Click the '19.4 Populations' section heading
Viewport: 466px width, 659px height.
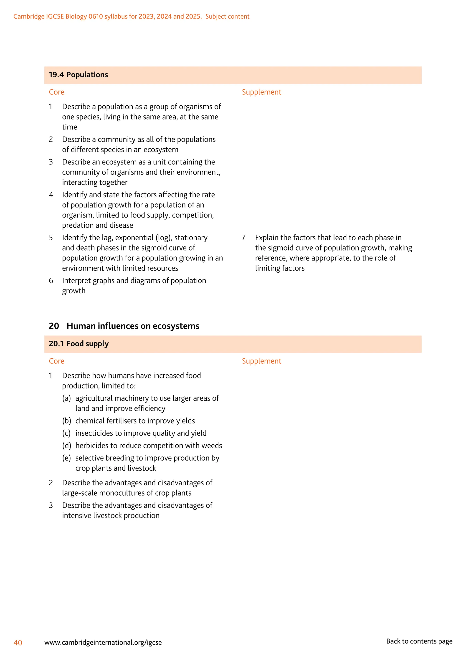[x=78, y=75]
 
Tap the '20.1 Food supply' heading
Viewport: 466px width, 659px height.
[x=79, y=344]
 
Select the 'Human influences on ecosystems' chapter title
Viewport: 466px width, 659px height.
[x=133, y=326]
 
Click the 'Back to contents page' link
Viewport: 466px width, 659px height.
[x=419, y=641]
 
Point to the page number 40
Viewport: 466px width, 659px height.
[x=18, y=643]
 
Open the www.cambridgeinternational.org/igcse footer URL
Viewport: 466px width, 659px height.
[x=103, y=642]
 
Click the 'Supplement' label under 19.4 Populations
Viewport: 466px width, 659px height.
[x=261, y=92]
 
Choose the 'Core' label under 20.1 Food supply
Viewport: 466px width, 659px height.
[x=56, y=361]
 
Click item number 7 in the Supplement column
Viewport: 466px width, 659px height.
[x=244, y=238]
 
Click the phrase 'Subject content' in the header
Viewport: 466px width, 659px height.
[x=227, y=17]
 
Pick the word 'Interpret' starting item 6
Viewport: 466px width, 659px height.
[x=77, y=281]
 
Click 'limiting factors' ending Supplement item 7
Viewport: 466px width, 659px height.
[x=280, y=268]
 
